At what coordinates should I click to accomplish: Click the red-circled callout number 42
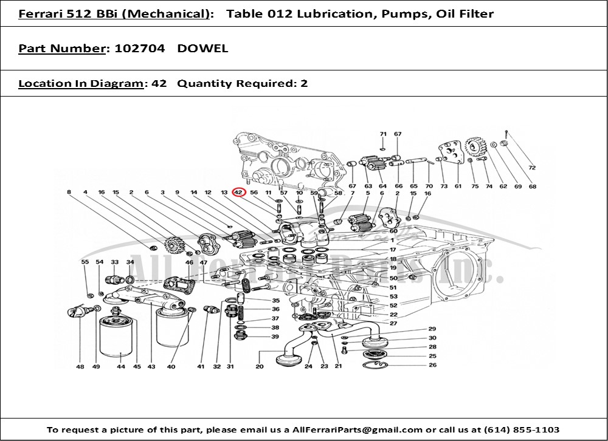click(239, 192)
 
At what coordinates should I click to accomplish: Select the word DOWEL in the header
click(202, 49)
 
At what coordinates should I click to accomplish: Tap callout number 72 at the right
click(532, 168)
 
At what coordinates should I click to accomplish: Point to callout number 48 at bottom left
click(80, 366)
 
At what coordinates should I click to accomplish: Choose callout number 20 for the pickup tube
click(260, 366)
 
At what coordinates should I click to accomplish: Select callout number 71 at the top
click(383, 134)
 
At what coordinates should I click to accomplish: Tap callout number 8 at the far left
click(69, 192)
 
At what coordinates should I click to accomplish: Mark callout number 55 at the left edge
click(85, 262)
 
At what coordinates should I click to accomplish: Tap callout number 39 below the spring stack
click(275, 337)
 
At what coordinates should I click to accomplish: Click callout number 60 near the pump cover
click(393, 231)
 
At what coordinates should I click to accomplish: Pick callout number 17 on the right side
click(393, 250)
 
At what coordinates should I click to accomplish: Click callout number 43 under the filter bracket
click(151, 366)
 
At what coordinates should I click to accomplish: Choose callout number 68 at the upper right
click(533, 186)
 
